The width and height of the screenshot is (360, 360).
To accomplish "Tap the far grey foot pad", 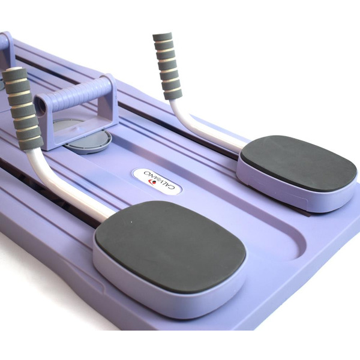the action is pos(299,161).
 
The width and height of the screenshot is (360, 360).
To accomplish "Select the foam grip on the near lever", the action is pos(23,109).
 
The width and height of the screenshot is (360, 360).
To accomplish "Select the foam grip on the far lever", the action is pos(167,65).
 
